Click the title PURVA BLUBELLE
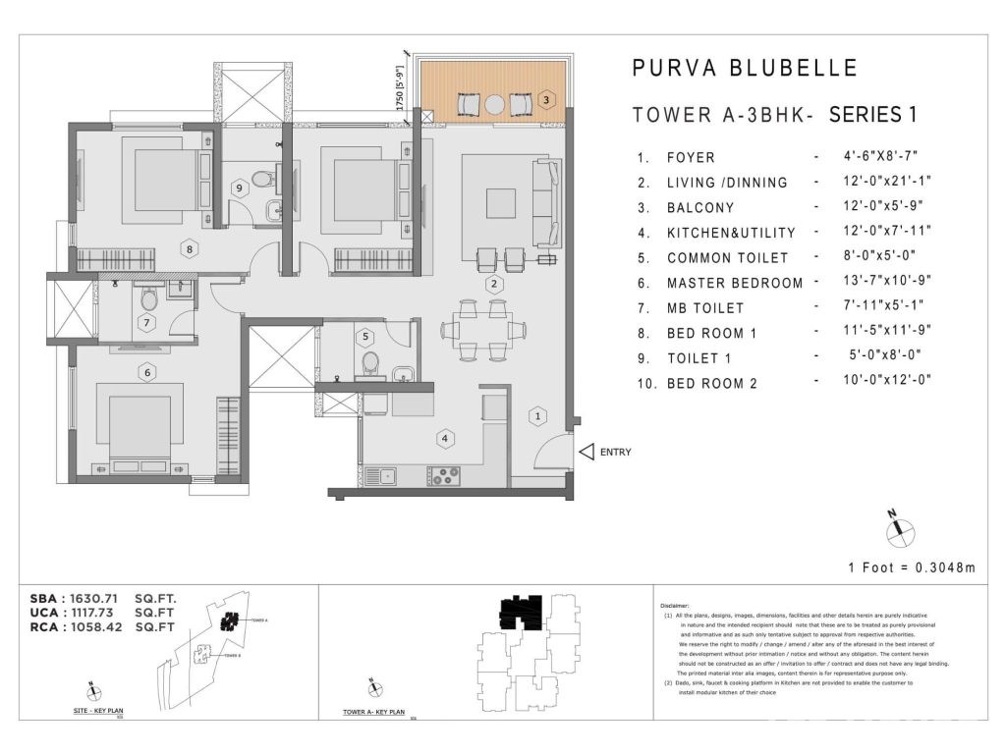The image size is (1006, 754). [744, 68]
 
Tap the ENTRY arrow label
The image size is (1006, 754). [603, 453]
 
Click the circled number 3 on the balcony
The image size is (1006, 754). [546, 99]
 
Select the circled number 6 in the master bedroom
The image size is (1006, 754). [147, 372]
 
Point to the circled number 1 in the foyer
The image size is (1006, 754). [536, 416]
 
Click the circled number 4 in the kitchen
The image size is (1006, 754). [445, 438]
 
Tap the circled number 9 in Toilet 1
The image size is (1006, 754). [238, 188]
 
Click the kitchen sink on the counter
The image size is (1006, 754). [380, 476]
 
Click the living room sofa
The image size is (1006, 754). [541, 202]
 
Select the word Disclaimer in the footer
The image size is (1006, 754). [676, 607]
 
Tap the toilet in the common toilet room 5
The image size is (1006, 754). [371, 364]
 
